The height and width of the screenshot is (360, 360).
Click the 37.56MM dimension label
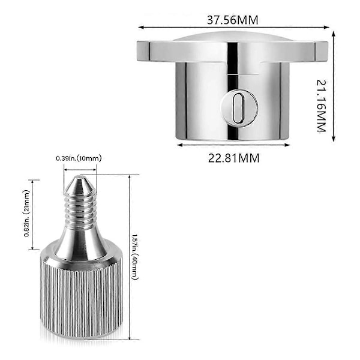pos(233,20)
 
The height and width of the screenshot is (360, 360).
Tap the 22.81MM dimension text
pos(234,158)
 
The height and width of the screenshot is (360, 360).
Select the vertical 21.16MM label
pos(321,106)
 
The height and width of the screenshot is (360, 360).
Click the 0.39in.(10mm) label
pos(79,158)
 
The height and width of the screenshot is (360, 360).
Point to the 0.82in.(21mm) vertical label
pos(27,213)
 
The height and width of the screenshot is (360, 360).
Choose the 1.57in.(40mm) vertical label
pos(135,257)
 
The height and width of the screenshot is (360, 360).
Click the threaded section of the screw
pos(80,209)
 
